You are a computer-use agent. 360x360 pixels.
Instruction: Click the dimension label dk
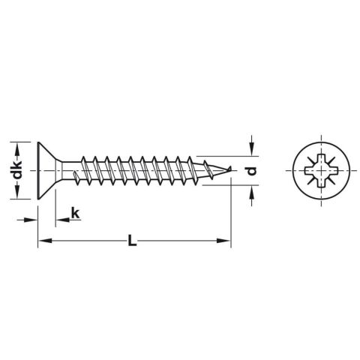pos(15,170)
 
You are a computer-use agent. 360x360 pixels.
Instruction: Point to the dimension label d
pos(252,171)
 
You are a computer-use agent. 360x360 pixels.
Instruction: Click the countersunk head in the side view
pos(47,170)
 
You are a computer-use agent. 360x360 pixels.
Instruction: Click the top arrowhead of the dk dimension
pos(15,145)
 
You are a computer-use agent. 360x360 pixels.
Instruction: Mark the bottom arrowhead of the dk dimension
pos(15,196)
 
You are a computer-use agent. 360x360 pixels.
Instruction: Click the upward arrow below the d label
pos(252,193)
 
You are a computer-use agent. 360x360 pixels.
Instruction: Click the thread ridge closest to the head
pos(85,170)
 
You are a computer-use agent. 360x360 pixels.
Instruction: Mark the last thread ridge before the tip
pos(201,169)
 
